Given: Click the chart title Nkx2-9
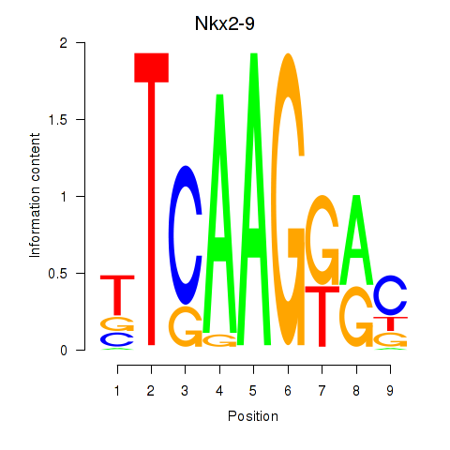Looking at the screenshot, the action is point(225,23).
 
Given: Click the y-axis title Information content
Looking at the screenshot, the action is point(35,195).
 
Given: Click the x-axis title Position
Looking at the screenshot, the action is point(253,416).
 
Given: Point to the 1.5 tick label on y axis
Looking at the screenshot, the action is point(58,119).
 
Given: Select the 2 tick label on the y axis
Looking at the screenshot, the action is point(64,42).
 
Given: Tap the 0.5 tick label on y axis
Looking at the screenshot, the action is point(58,274).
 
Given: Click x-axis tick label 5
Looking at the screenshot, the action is point(253,391).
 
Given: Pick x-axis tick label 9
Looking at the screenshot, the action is point(390,391).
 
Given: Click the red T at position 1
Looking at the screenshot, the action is point(117,295).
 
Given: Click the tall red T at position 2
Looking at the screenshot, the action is point(151,199).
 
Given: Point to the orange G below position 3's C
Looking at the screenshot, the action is point(186,326).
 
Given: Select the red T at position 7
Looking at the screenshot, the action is point(322,316).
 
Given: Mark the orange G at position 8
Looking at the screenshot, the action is point(356,316).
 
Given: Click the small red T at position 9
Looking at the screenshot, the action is point(390,323).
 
